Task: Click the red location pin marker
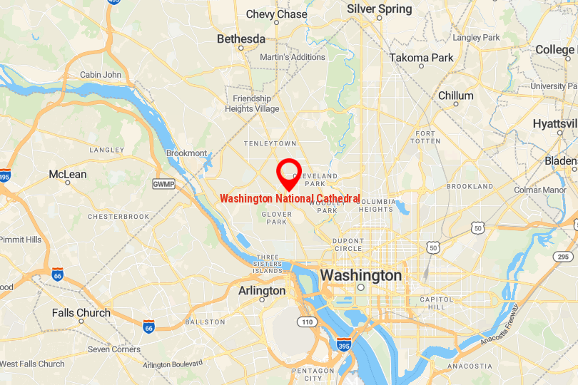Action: click(288, 171)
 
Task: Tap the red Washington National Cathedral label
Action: click(290, 198)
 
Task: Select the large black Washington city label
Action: click(360, 275)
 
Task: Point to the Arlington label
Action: click(261, 291)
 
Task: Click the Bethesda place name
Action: click(240, 38)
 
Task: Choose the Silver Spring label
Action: click(379, 9)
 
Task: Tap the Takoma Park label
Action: click(421, 58)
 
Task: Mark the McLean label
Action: click(68, 175)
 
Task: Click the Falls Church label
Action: click(81, 312)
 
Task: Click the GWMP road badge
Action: click(163, 184)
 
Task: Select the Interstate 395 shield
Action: click(343, 344)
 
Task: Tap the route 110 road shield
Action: click(307, 322)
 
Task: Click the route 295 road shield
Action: click(563, 257)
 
